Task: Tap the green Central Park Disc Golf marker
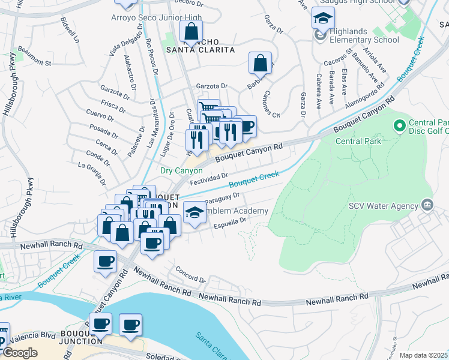[398, 125]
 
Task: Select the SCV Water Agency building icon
[427, 205]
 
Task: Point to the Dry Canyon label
[181, 170]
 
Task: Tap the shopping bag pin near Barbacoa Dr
[261, 62]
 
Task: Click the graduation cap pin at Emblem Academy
[194, 213]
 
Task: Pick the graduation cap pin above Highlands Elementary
[323, 19]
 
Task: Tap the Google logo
[20, 353]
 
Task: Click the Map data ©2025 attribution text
[424, 355]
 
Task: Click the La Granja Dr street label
[92, 173]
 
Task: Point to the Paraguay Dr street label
[222, 197]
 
